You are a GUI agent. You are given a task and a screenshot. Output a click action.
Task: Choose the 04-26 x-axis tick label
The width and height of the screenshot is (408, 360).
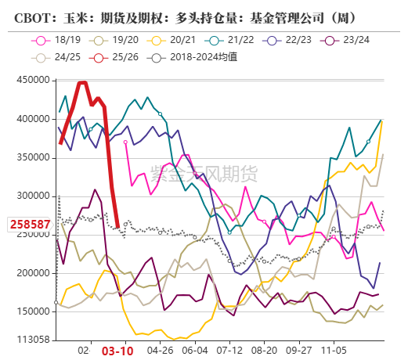point(160,352)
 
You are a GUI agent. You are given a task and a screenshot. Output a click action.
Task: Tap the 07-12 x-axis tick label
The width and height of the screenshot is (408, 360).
point(232,352)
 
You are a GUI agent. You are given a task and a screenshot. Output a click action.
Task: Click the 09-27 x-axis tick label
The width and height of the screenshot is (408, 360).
point(302,352)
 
